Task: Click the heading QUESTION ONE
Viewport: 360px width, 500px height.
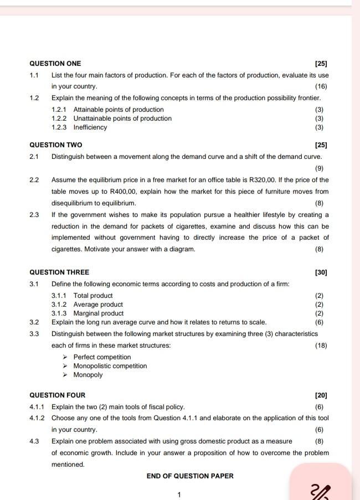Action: coord(55,64)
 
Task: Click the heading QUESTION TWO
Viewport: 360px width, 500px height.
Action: coord(55,145)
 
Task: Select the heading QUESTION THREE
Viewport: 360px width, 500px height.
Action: coord(59,272)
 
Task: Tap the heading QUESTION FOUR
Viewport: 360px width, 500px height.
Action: coord(57,395)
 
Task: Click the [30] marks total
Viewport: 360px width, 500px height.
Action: coord(321,272)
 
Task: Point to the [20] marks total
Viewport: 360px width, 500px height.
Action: coord(321,395)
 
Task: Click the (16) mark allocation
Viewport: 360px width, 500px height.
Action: coord(321,86)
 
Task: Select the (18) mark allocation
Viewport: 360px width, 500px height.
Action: coord(321,346)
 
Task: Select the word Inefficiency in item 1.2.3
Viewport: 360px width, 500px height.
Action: coord(90,127)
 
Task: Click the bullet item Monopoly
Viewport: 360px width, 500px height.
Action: coord(88,375)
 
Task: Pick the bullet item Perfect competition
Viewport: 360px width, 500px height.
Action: coord(102,357)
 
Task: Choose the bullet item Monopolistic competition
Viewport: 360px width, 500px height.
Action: coord(110,366)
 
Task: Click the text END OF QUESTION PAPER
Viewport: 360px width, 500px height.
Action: coord(190,476)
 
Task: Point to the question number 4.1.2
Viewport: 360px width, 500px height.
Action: coord(38,418)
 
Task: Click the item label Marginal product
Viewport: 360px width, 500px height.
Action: coord(99,313)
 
